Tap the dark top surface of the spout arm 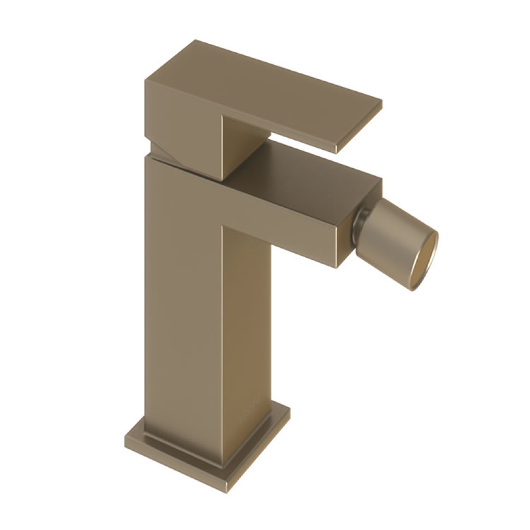click(311, 169)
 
